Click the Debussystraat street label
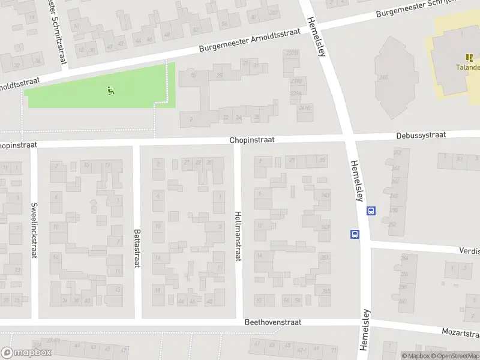[421, 135]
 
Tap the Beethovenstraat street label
[272, 322]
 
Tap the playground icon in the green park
[110, 91]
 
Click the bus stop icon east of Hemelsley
[371, 211]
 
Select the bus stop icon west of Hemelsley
[355, 235]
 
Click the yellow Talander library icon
[469, 58]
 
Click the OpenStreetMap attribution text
[457, 356]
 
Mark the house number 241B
[305, 108]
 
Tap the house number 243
[326, 196]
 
